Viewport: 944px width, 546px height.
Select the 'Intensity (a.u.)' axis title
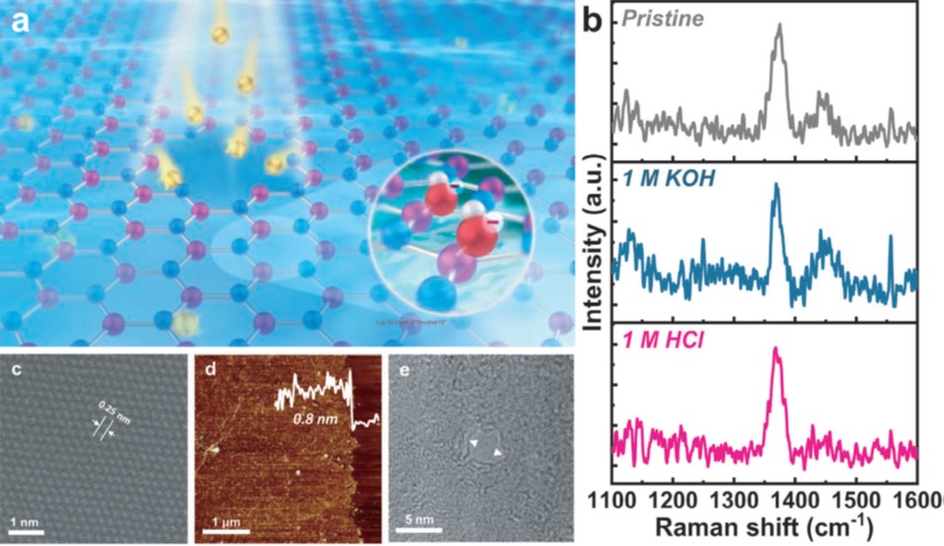tap(594, 248)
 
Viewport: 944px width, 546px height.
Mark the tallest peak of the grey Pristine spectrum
tap(779, 28)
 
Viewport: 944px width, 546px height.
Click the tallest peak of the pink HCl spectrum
tap(776, 350)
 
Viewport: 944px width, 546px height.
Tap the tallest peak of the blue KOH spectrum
tap(775, 187)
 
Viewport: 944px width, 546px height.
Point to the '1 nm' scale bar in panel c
tap(27, 530)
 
